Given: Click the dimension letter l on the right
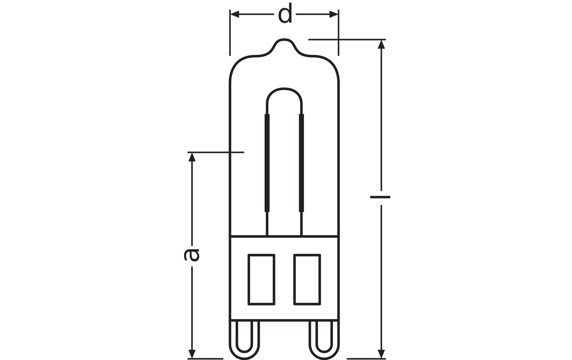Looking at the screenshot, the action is [x=380, y=197].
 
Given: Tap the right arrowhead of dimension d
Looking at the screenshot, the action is [x=334, y=14].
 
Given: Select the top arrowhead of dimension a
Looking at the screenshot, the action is [x=192, y=157].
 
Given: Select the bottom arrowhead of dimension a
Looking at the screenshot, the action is [x=192, y=354].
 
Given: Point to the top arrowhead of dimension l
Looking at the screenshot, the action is [x=381, y=44].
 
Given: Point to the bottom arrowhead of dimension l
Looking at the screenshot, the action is [x=381, y=354].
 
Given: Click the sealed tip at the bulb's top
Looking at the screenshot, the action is [x=284, y=40].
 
